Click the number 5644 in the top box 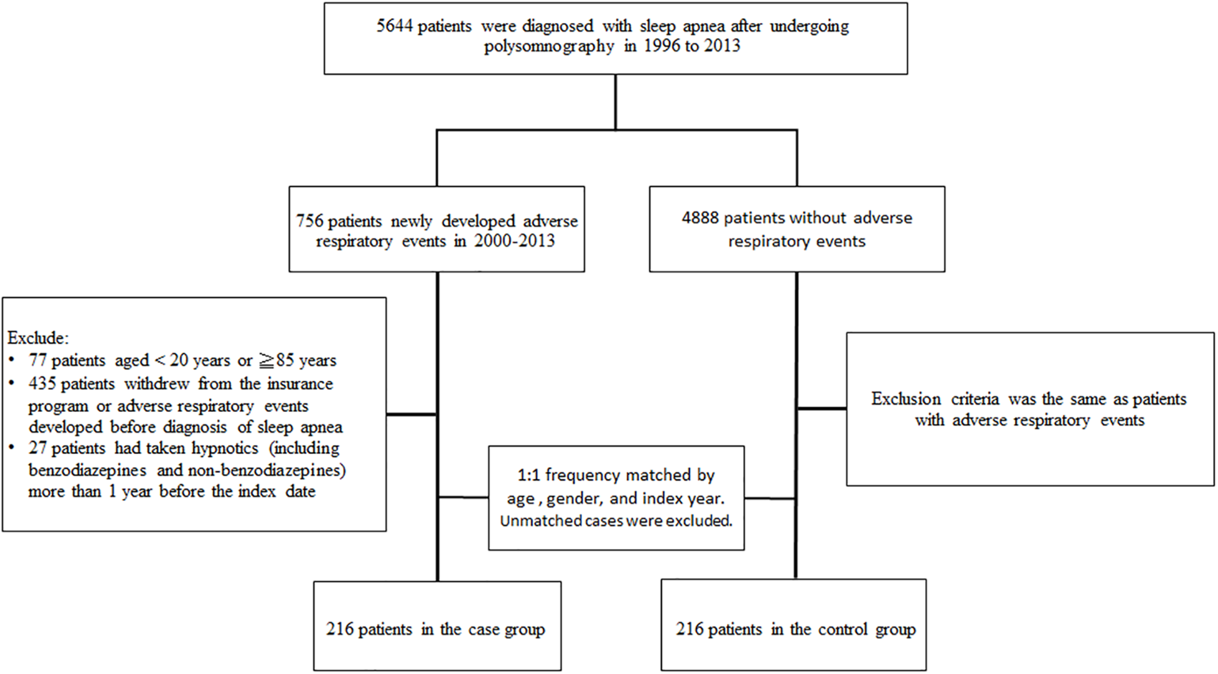[x=394, y=26]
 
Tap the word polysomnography [x=549, y=46]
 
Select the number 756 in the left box [x=309, y=221]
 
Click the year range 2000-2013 [x=514, y=241]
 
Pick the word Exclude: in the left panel [x=38, y=338]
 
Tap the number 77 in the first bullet [x=37, y=361]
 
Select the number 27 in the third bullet [x=37, y=448]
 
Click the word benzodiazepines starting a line [x=87, y=470]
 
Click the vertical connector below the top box [x=615, y=102]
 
